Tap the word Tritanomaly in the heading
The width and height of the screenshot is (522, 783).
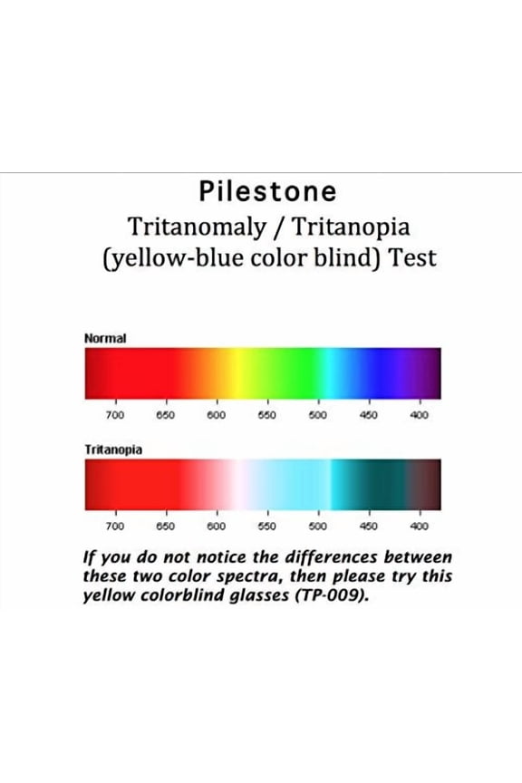193,225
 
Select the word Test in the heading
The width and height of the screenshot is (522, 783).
413,257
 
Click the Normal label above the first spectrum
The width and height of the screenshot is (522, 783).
105,338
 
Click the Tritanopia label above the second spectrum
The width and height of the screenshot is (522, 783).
112,449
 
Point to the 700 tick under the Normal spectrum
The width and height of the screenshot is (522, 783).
115,415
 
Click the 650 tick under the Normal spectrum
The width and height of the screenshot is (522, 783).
166,415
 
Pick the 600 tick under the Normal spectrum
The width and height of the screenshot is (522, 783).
217,415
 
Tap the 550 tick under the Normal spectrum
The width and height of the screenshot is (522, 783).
267,415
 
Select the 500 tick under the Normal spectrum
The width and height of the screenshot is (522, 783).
318,415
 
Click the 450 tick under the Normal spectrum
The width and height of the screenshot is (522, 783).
369,415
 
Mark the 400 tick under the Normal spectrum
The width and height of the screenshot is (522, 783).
420,415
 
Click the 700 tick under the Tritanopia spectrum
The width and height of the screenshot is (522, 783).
115,526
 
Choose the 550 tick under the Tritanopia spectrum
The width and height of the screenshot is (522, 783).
267,526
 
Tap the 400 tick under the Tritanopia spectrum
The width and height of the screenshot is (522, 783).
420,526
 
